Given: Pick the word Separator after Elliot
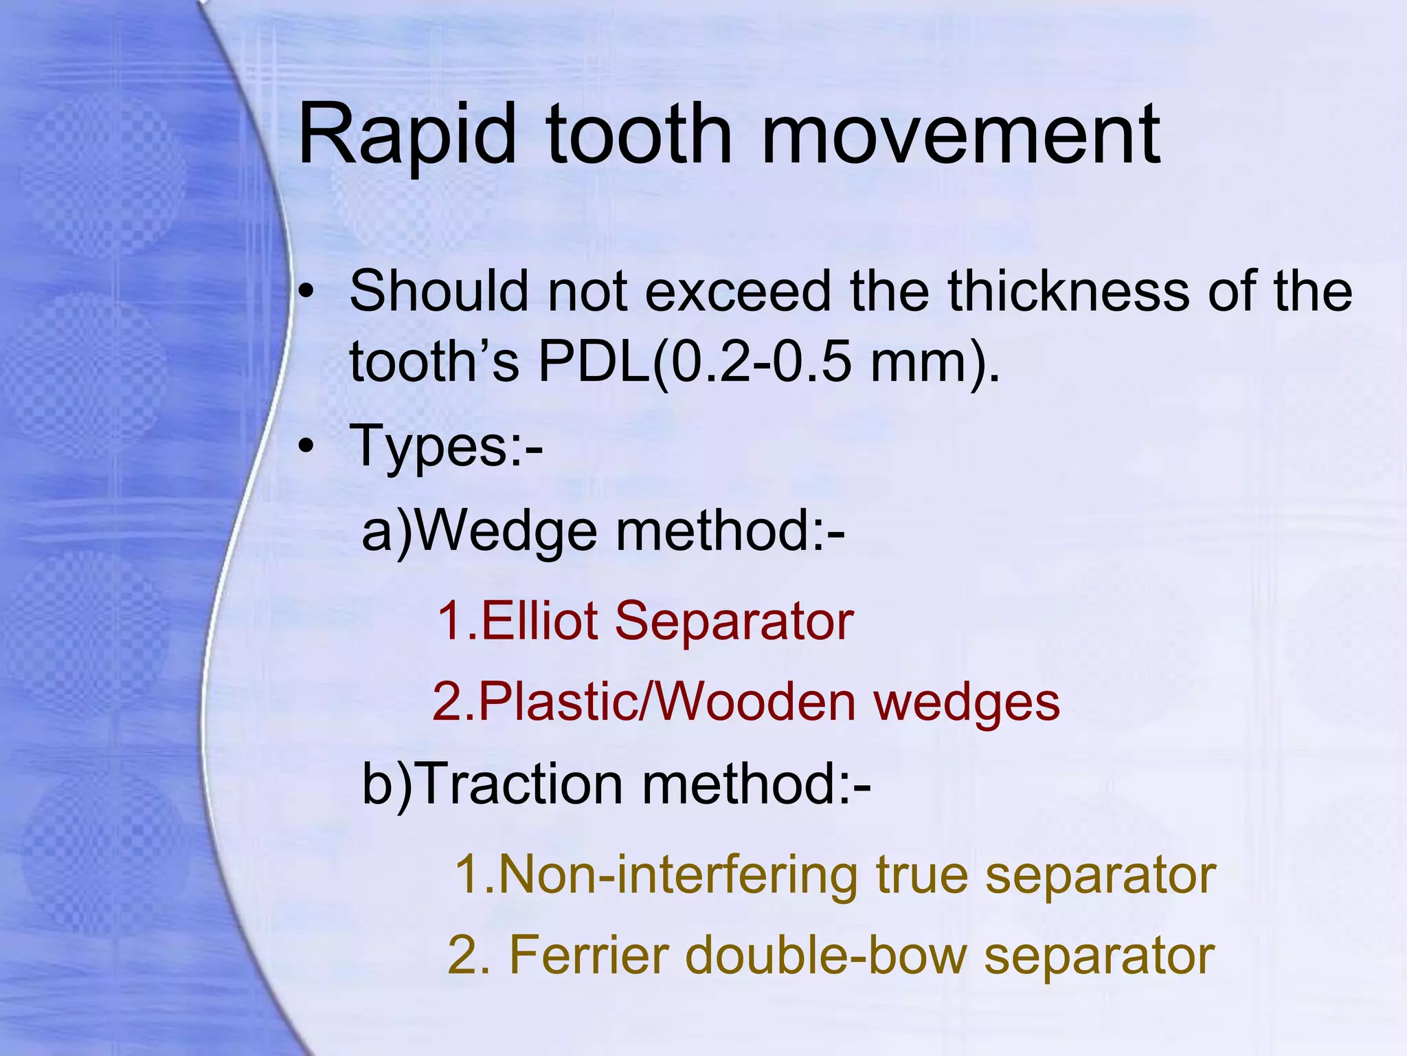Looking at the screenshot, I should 733,621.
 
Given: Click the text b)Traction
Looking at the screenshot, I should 492,784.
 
